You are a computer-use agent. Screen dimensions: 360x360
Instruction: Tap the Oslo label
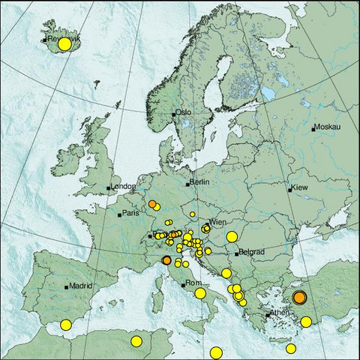tap(184, 112)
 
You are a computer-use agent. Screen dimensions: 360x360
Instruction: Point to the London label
tap(122, 187)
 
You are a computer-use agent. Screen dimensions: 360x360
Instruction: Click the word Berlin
tap(199, 182)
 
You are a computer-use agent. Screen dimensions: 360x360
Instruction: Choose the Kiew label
tap(299, 187)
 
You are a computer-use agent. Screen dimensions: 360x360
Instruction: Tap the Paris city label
tap(131, 214)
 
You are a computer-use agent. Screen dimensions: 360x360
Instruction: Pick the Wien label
tap(218, 223)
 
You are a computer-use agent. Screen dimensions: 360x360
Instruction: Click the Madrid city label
tap(81, 286)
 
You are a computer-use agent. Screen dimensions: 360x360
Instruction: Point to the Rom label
tap(193, 283)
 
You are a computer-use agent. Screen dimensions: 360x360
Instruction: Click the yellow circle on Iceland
tap(64, 44)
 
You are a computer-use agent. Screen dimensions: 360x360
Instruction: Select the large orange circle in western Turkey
tap(299, 298)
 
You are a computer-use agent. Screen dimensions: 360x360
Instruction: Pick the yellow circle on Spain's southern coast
tap(66, 325)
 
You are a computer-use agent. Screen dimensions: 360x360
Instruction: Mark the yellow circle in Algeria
tap(136, 341)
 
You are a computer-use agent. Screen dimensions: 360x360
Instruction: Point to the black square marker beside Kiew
tap(290, 189)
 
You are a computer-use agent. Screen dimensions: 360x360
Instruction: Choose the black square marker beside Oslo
tap(173, 114)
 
